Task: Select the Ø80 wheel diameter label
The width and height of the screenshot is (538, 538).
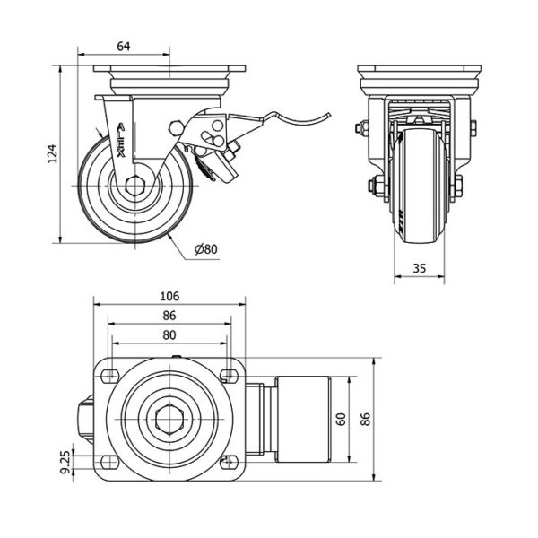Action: click(206, 248)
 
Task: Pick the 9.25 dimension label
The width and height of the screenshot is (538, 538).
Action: click(65, 462)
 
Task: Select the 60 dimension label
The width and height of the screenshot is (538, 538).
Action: click(342, 420)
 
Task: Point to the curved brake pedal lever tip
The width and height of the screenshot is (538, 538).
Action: click(328, 114)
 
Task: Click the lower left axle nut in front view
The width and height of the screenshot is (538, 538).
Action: click(370, 187)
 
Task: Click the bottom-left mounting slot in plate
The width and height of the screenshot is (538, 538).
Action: click(109, 463)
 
